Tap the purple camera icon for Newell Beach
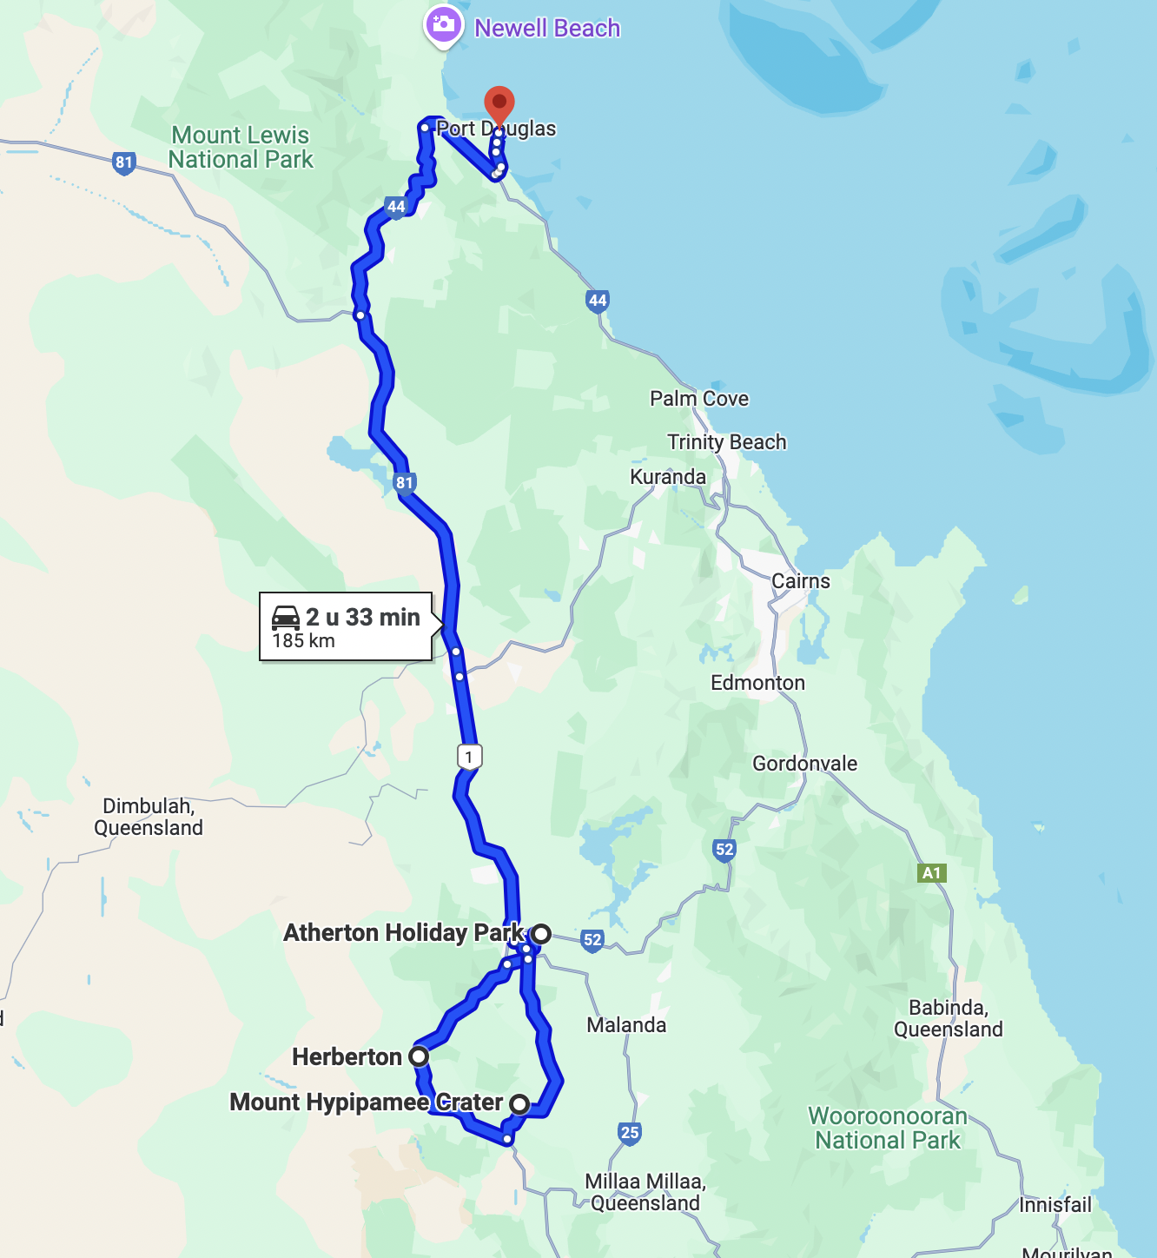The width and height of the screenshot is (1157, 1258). tap(443, 25)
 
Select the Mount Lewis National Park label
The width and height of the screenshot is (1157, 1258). tap(241, 148)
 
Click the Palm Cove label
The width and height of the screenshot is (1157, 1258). tap(699, 399)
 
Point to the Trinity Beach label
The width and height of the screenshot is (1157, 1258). tap(727, 442)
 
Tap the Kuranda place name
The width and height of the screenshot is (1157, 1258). tap(668, 477)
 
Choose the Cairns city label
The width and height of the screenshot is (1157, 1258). tap(801, 581)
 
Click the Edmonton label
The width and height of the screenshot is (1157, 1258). tap(757, 683)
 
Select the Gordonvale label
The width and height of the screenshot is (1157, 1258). tap(804, 764)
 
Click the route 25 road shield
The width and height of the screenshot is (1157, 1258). tap(630, 1132)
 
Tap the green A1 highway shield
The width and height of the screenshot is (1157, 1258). tap(931, 873)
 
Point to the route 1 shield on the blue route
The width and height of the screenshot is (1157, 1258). tap(469, 757)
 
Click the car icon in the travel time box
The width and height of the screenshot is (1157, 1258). tap(286, 617)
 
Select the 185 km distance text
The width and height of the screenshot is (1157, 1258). tap(303, 641)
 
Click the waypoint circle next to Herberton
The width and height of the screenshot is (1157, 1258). tap(419, 1056)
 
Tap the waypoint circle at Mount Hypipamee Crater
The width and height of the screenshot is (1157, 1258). tap(519, 1104)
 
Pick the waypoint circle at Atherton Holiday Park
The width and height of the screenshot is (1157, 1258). tap(541, 934)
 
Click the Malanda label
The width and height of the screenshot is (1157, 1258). tap(626, 1025)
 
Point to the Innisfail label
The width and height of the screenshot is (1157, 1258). tap(1055, 1205)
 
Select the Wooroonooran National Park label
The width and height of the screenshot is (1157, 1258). tap(888, 1128)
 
